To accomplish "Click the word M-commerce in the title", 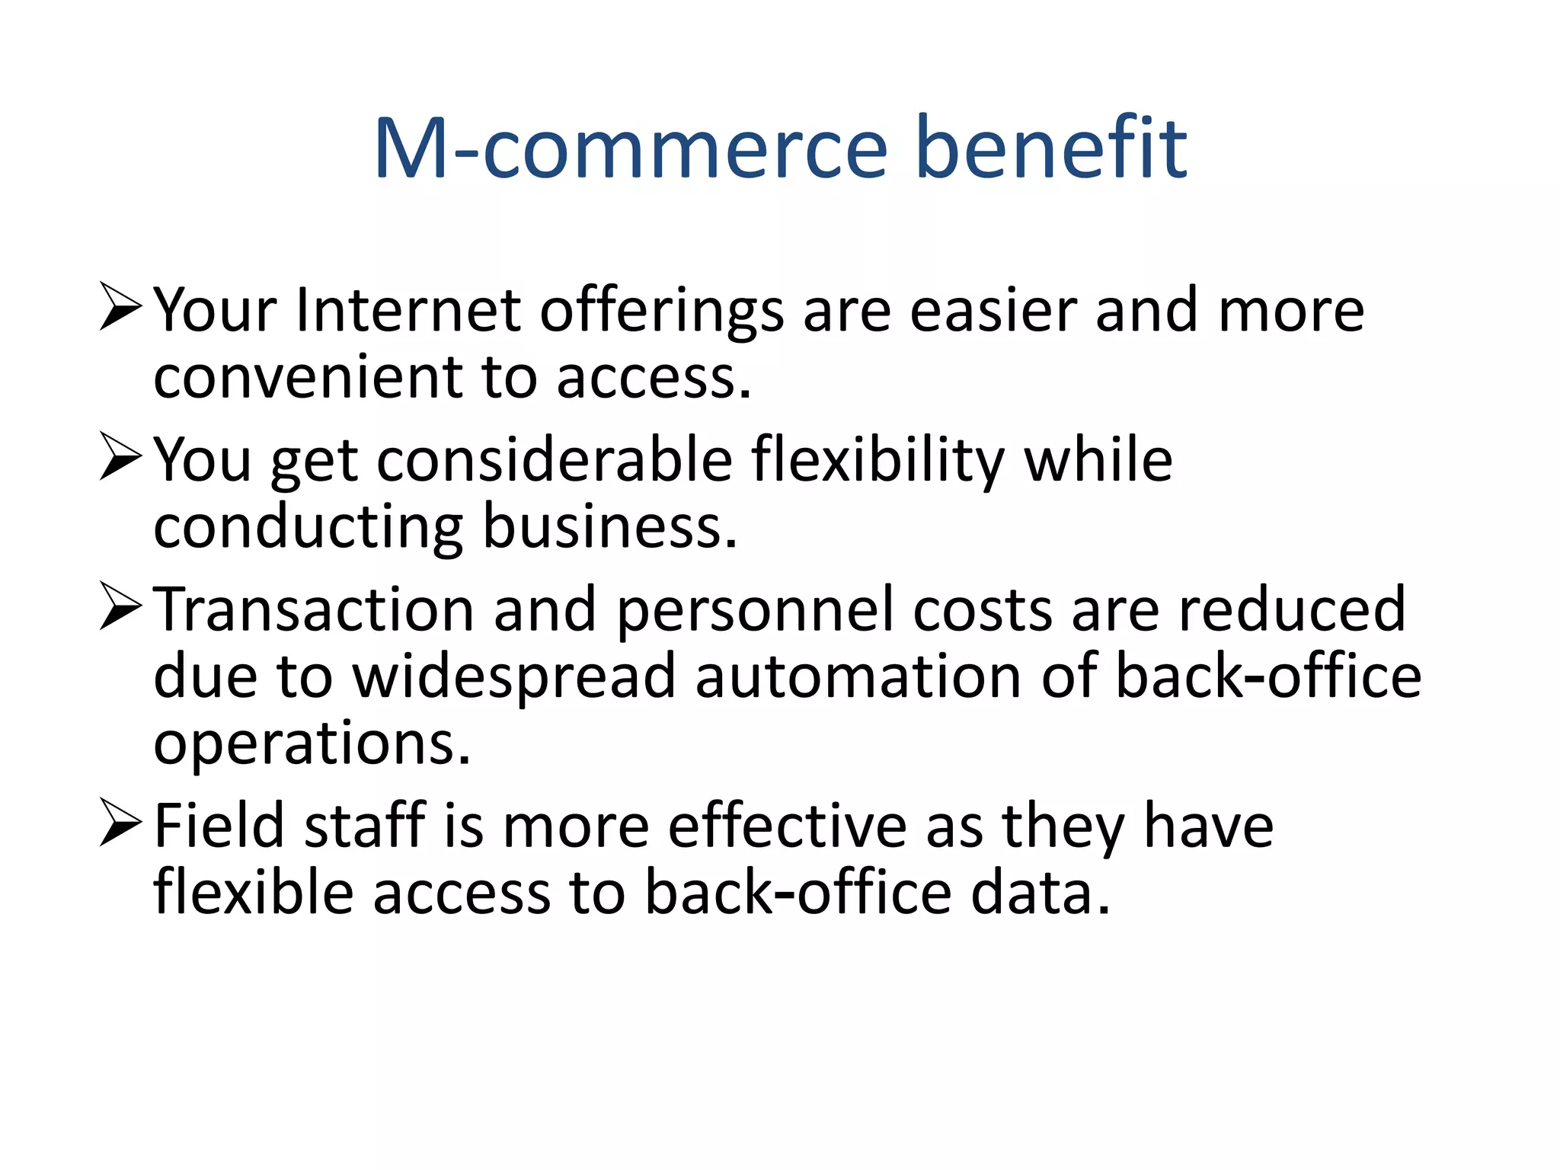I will click(631, 148).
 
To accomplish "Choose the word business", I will click(610, 526).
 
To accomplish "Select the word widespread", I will click(514, 677).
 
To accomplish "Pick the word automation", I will click(858, 677).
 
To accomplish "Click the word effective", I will click(787, 826).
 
